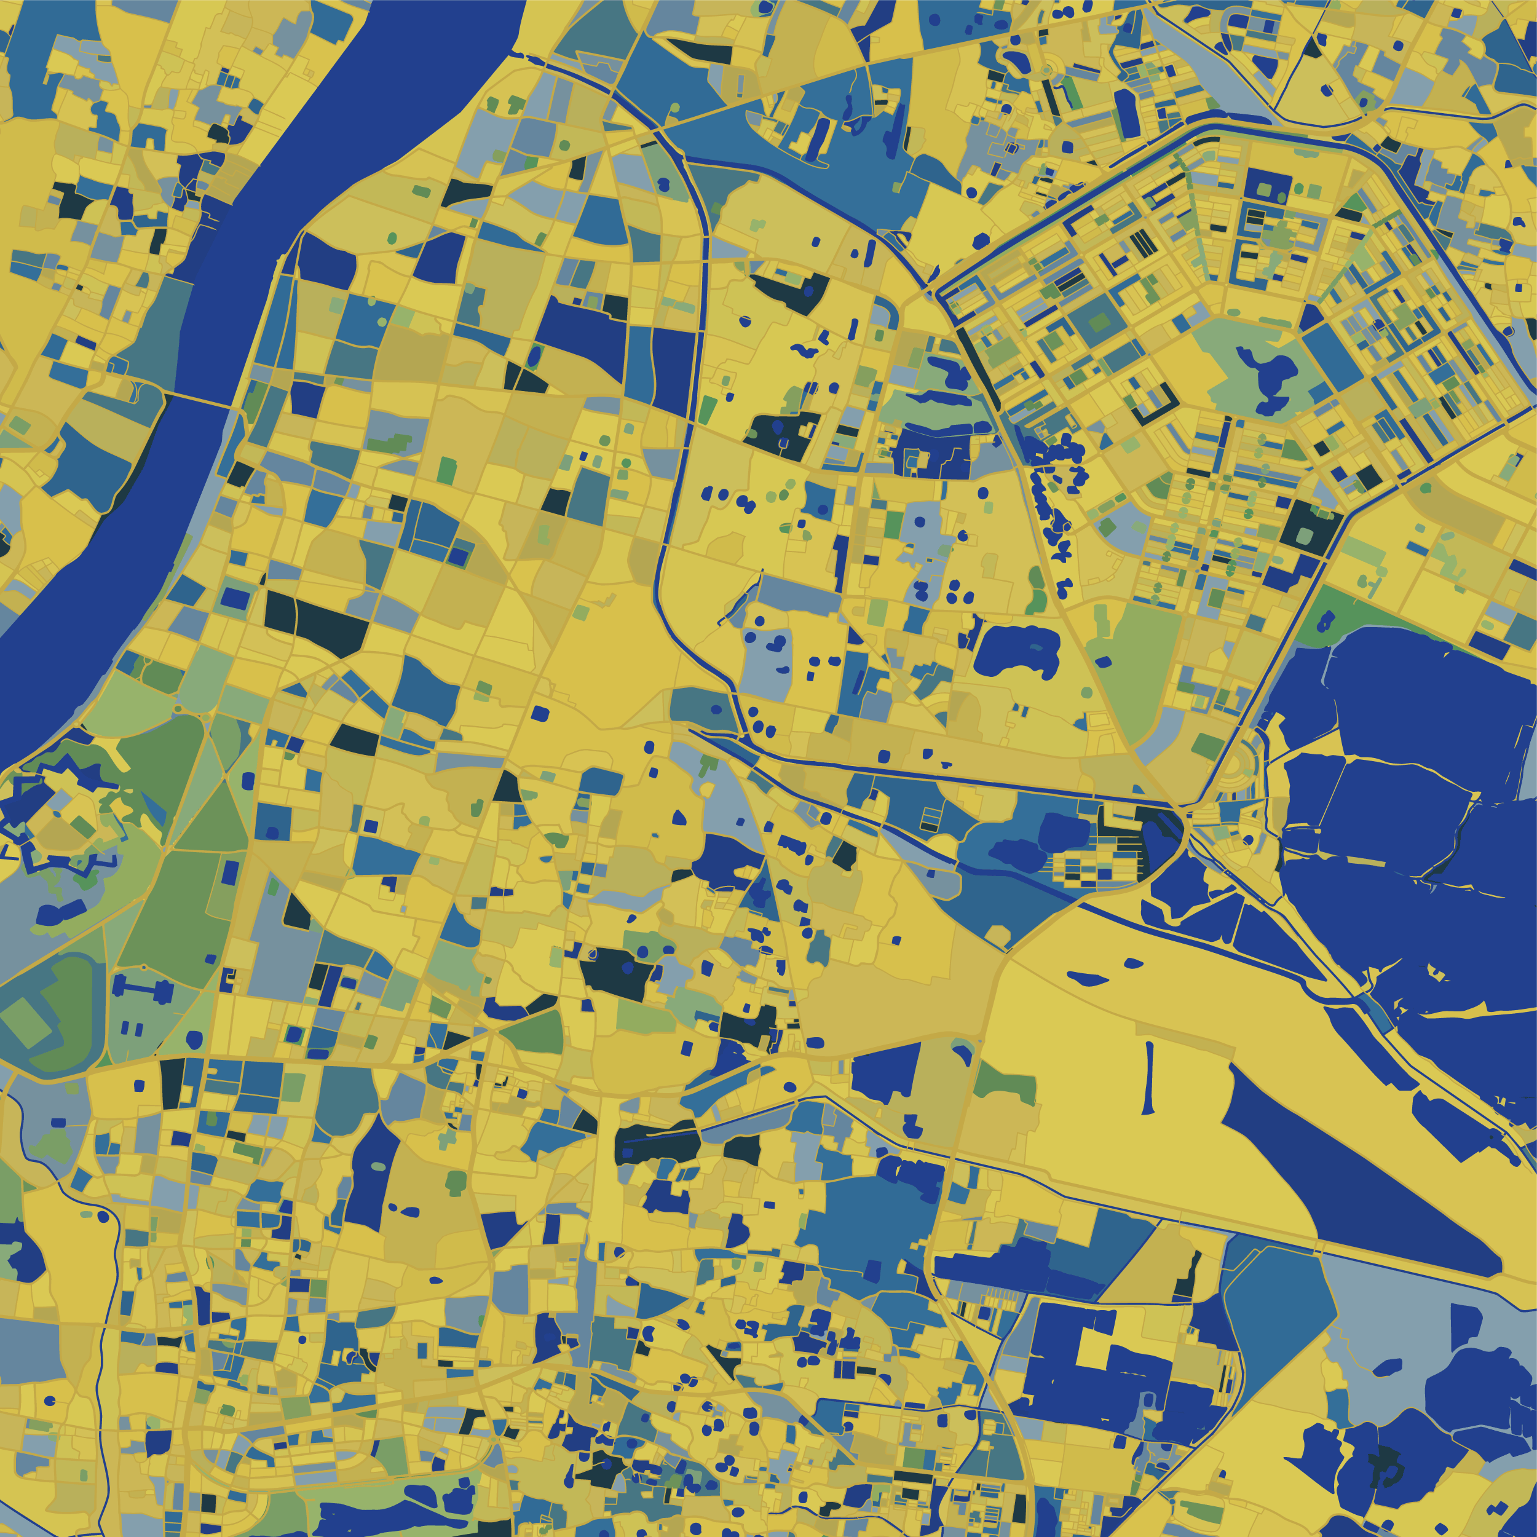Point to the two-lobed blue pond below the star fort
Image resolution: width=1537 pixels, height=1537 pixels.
[60, 911]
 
